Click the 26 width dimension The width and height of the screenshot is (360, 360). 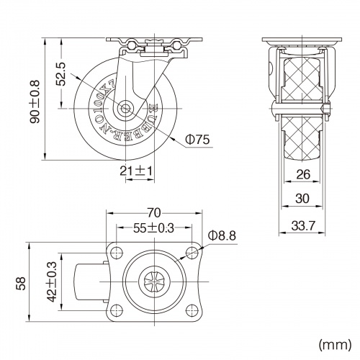pyautogui.click(x=302, y=174)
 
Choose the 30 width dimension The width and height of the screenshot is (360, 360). pyautogui.click(x=302, y=199)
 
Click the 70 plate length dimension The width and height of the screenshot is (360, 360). pyautogui.click(x=153, y=213)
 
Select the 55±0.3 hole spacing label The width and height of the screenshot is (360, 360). pyautogui.click(x=153, y=229)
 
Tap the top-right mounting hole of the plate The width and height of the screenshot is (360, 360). pyautogui.click(x=192, y=253)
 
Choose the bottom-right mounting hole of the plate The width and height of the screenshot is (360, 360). pyautogui.click(x=192, y=311)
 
